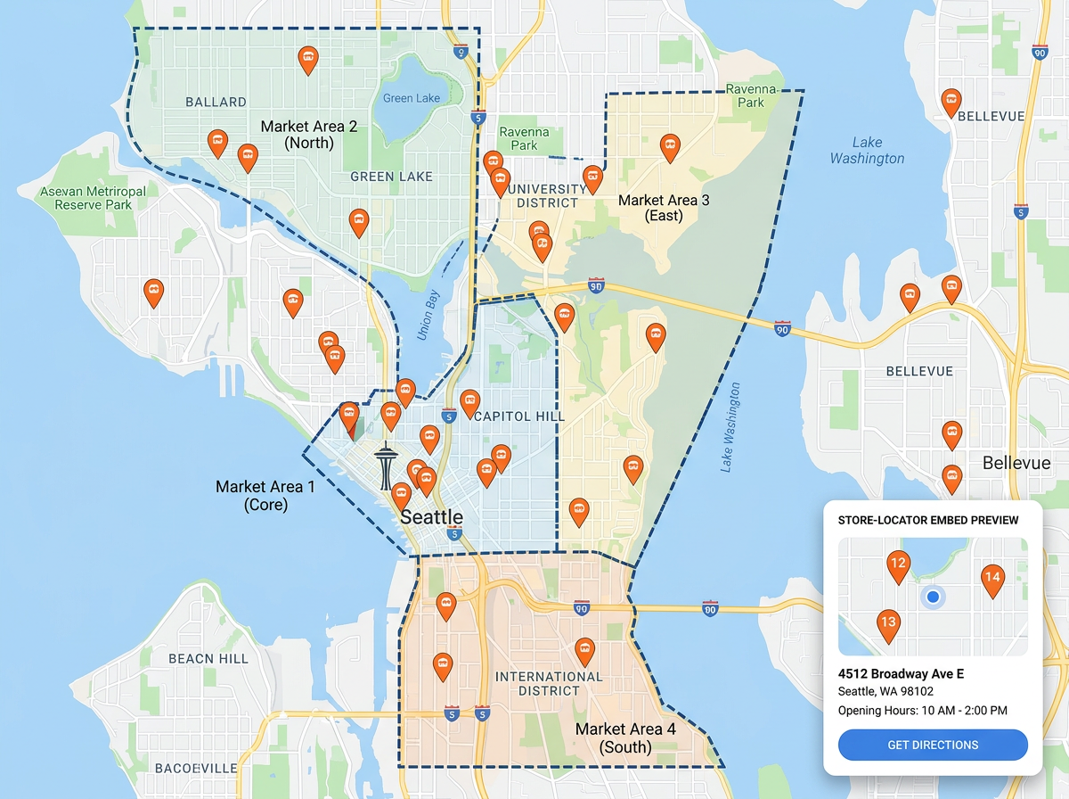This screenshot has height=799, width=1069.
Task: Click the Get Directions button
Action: [933, 745]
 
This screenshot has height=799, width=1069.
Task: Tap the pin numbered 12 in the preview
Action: [898, 564]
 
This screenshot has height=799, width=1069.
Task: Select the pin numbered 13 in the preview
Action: [887, 622]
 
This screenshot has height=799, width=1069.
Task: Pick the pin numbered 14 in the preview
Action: [992, 578]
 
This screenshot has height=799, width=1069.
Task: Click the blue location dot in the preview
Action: [932, 597]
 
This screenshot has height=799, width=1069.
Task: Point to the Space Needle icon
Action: [385, 466]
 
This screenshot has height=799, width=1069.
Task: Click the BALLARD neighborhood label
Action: [216, 102]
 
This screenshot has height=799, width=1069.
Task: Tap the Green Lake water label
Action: [412, 97]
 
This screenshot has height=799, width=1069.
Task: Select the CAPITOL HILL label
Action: [520, 416]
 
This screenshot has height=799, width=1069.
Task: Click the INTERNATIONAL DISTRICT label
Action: [549, 683]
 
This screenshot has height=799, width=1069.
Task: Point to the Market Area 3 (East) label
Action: [664, 208]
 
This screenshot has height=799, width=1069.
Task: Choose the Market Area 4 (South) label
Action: [625, 737]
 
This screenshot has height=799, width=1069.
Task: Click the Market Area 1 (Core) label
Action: [265, 495]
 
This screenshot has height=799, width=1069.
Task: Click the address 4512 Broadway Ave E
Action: [901, 673]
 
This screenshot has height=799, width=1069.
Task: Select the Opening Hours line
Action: [922, 711]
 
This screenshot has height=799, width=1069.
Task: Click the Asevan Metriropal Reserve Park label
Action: [93, 198]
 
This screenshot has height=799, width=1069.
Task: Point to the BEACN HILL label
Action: [208, 658]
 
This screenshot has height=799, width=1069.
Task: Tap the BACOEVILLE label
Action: [196, 768]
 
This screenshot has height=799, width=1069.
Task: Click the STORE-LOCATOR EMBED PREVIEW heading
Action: [928, 520]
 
